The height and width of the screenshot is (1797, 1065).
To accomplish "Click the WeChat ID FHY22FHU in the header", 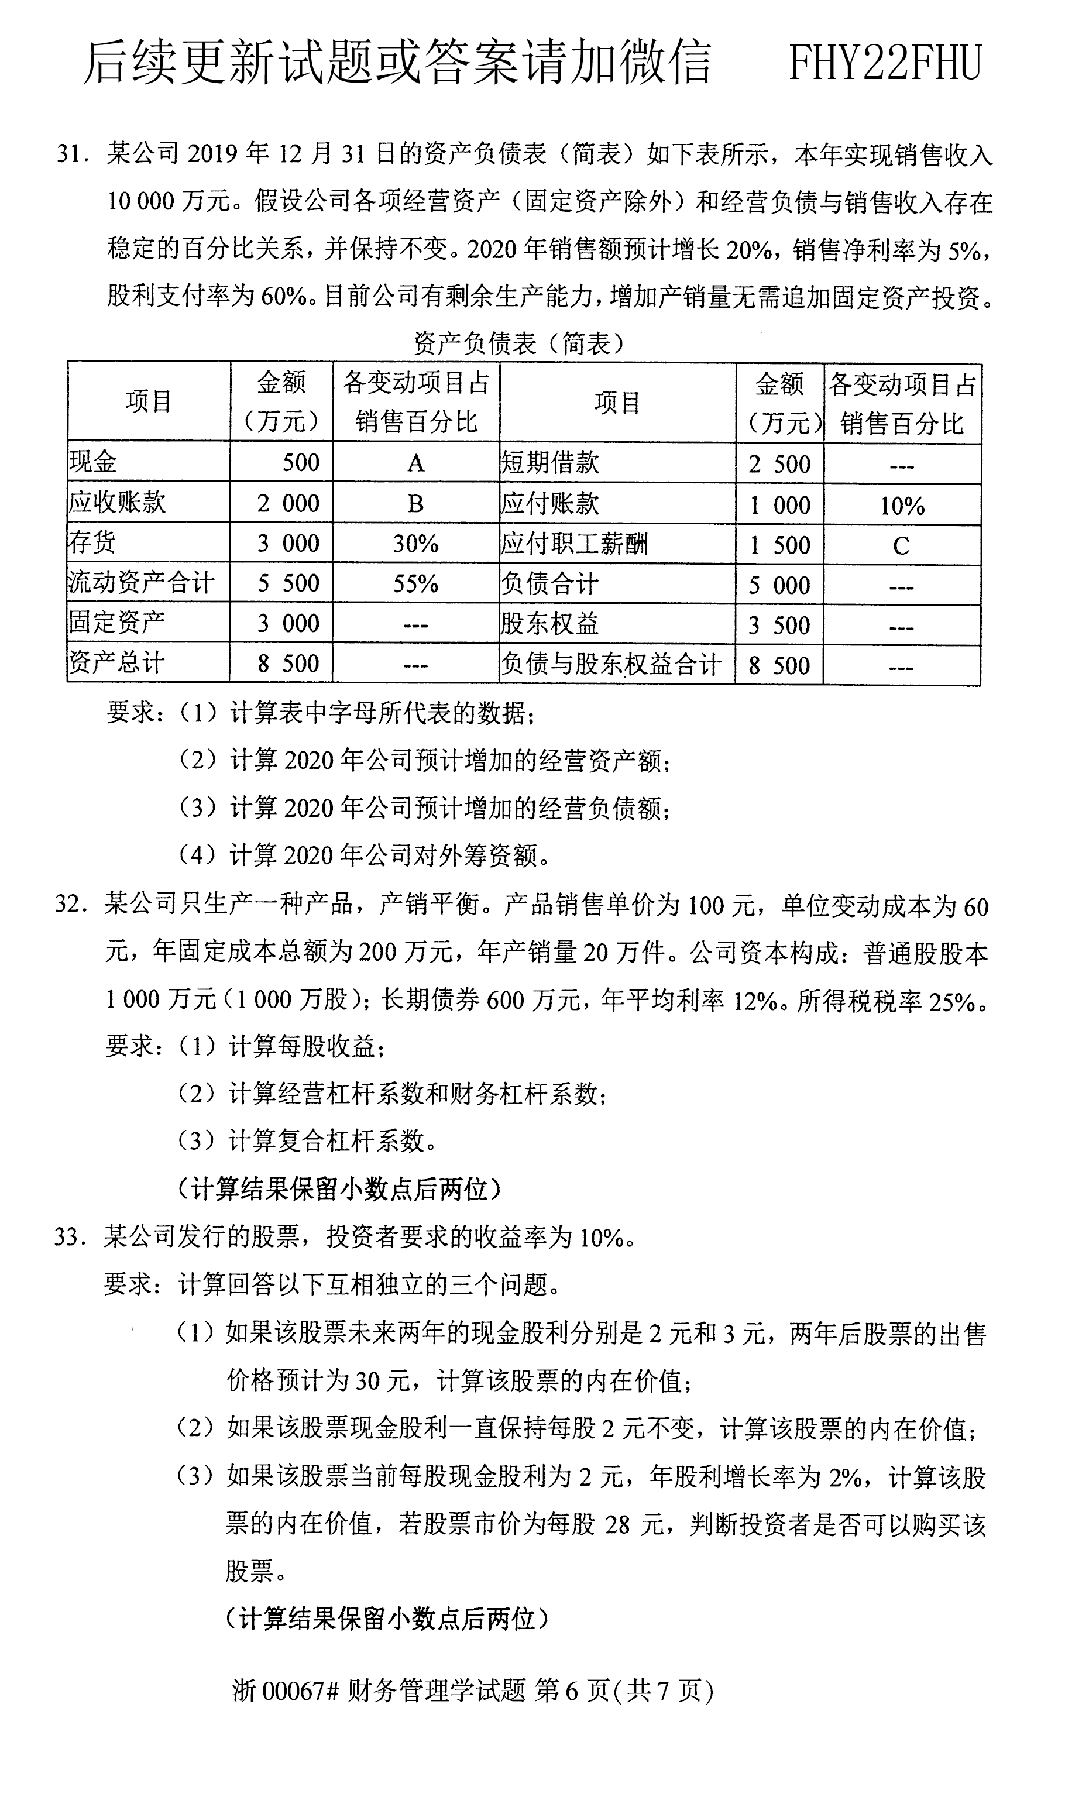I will [x=884, y=63].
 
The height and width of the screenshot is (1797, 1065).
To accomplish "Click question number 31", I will [x=72, y=154].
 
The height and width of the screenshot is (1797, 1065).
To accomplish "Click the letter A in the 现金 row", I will [x=415, y=463].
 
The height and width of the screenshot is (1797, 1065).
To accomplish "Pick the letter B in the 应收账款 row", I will [x=415, y=503].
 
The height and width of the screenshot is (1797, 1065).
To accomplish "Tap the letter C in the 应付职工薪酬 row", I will [x=901, y=546].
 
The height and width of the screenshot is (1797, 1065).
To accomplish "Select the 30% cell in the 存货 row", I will [x=415, y=543].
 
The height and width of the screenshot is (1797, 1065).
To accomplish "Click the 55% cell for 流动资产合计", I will [x=415, y=583].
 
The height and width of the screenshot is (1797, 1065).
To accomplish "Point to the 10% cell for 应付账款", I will [x=902, y=506].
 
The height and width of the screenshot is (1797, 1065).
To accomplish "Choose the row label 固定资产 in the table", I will [x=117, y=622].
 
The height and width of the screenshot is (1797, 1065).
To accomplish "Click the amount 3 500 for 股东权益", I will [x=779, y=625].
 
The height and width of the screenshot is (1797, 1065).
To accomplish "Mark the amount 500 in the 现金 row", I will [x=301, y=462].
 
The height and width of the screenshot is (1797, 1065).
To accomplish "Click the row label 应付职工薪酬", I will [x=574, y=544].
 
